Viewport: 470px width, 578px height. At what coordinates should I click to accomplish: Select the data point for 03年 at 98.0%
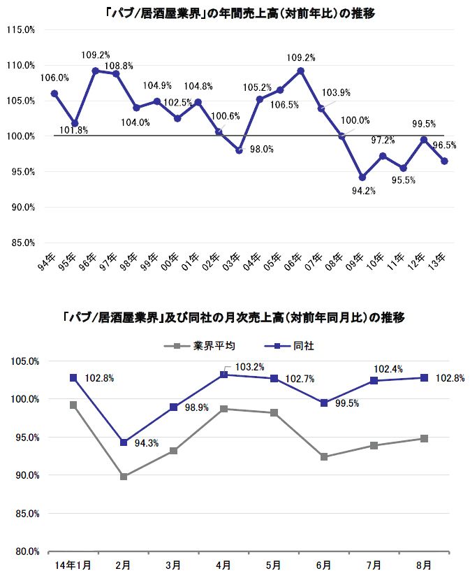[239, 150]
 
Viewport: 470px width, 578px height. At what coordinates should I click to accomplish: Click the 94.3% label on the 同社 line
[145, 442]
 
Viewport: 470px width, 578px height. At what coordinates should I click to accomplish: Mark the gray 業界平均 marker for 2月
[124, 477]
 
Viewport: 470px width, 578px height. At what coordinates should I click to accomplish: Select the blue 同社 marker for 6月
[324, 403]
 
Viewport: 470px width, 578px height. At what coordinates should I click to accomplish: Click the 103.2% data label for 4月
[249, 366]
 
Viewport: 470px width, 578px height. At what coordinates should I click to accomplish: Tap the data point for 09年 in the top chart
[362, 178]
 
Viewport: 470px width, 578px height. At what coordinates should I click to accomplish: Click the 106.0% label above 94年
[54, 78]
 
